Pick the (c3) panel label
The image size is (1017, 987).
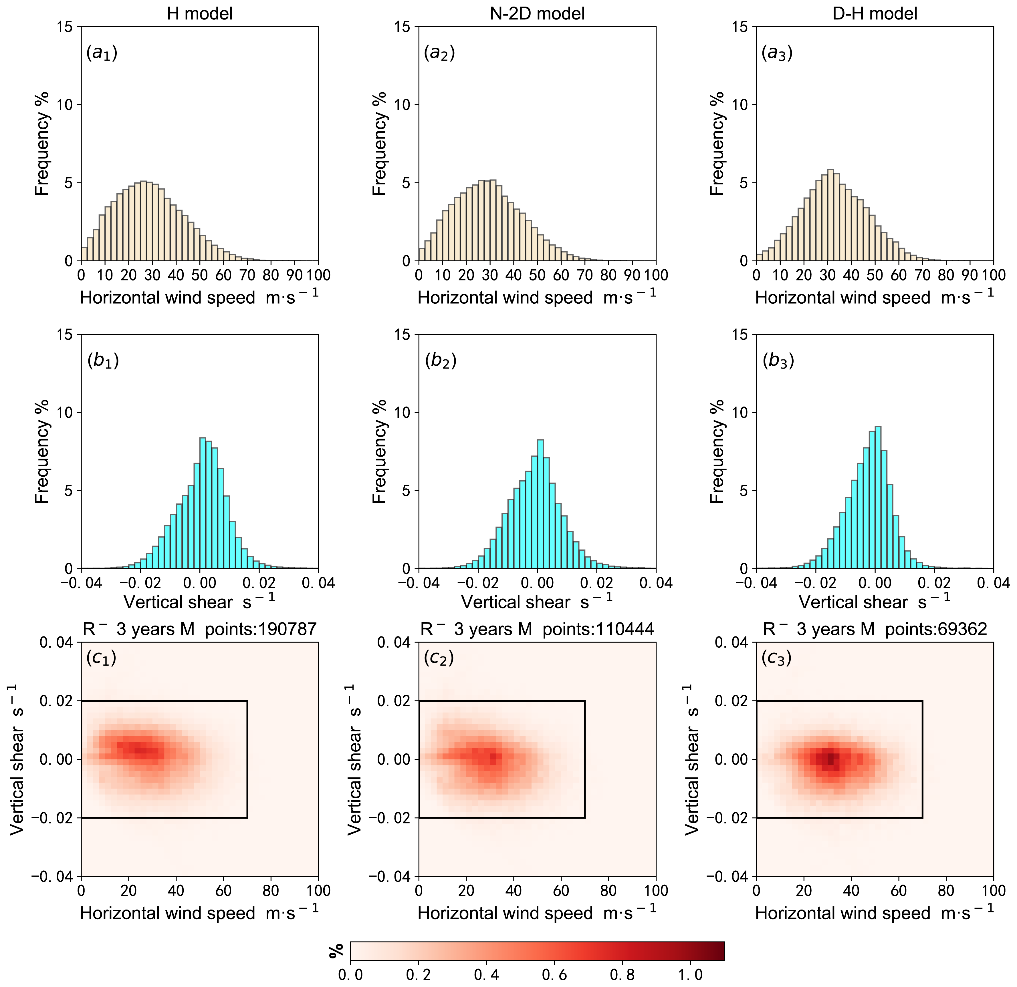pyautogui.click(x=776, y=658)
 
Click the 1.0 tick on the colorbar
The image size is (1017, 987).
pyautogui.click(x=691, y=974)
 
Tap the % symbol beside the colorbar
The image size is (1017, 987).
pyautogui.click(x=336, y=951)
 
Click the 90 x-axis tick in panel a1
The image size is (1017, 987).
pyautogui.click(x=295, y=275)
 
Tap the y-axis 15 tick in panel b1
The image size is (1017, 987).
pyautogui.click(x=65, y=335)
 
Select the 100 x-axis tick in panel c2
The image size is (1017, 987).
pyautogui.click(x=656, y=891)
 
